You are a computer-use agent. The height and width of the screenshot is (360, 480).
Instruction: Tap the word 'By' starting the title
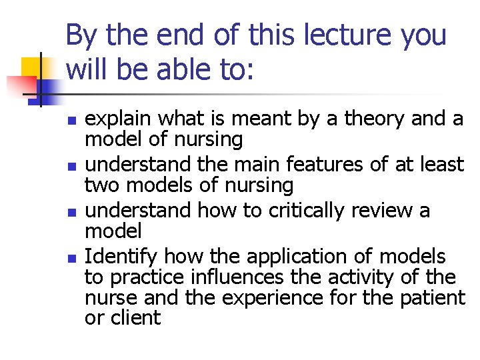pyautogui.click(x=82, y=35)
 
